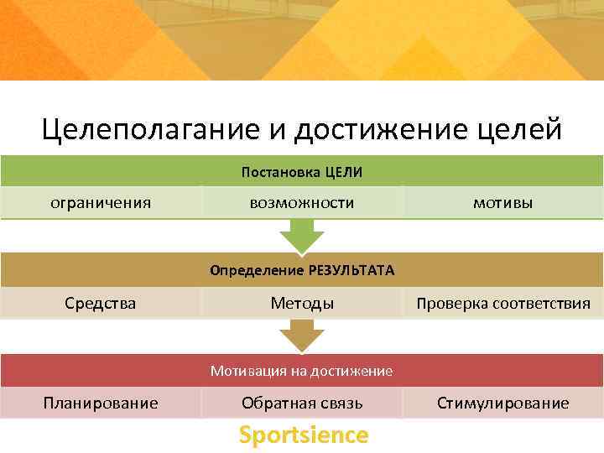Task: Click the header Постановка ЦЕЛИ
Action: point(302,172)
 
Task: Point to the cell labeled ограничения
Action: point(101,202)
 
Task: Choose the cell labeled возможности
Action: point(302,202)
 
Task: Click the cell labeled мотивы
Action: point(502,202)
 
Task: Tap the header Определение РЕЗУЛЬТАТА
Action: point(302,271)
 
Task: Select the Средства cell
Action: point(101,303)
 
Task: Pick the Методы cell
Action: point(302,303)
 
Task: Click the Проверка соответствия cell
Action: point(503,303)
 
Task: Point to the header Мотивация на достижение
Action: point(302,371)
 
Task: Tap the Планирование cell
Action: point(101,403)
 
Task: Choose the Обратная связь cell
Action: point(302,403)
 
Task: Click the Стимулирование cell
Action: point(503,403)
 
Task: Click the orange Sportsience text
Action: point(303,435)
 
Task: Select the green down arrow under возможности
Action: point(302,235)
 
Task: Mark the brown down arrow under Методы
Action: point(302,336)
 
